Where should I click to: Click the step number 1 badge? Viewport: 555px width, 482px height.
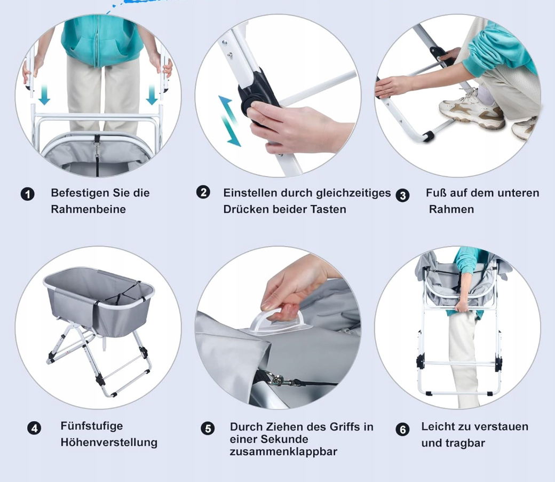coord(28,194)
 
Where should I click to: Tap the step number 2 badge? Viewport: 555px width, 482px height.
coord(203,192)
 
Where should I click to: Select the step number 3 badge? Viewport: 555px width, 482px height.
coord(402,195)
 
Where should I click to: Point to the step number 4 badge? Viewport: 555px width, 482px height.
coord(34,428)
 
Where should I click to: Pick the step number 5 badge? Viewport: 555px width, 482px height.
coord(208,429)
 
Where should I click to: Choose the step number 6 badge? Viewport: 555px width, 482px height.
coord(402,429)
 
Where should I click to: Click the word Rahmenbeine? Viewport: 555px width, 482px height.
coord(89,209)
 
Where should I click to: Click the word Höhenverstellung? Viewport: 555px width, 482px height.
coord(109,443)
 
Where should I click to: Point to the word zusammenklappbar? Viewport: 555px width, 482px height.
coord(283,452)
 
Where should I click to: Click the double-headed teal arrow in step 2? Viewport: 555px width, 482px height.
coord(229,121)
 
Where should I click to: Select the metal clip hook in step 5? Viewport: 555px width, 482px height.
coord(276,380)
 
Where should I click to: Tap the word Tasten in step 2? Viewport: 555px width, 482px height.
coord(328,209)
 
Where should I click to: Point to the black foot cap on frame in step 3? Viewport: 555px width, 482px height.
coord(429,136)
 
